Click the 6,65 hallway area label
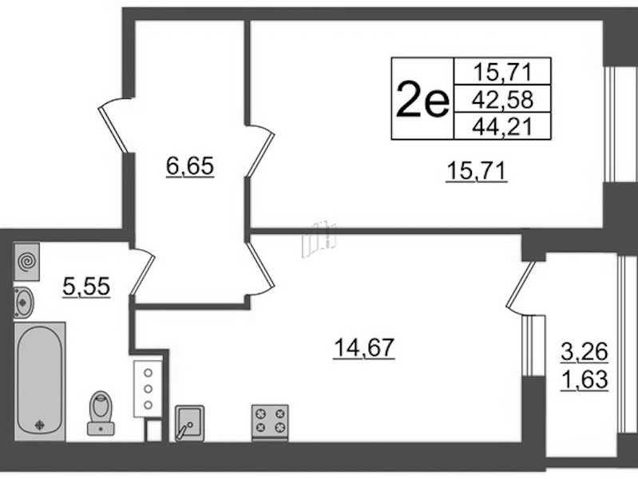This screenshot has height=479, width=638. pos(189,166)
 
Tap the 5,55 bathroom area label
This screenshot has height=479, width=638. pos(86,287)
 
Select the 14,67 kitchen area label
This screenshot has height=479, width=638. pos(364,348)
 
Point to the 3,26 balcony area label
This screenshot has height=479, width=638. pos(585,352)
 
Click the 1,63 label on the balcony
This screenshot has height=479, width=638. pos(585,380)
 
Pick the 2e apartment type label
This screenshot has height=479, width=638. pos(422,98)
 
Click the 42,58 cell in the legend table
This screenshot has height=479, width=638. pos(502,99)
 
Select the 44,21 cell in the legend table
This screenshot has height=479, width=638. pos(502,126)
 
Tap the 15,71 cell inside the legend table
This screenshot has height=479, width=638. pos(502,72)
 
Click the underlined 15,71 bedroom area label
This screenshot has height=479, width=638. pos(477,172)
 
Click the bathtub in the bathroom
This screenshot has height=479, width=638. pos(39,382)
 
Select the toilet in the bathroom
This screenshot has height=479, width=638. pos(101,413)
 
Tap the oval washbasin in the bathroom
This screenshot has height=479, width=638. pos(24,302)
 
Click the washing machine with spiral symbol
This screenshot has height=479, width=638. pos(27,262)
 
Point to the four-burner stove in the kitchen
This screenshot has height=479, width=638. pos(270,422)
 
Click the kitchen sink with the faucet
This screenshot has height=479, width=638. pos(189,423)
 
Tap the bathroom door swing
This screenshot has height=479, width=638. pos(142,271)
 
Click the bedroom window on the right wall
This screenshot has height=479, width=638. pos(609,124)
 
